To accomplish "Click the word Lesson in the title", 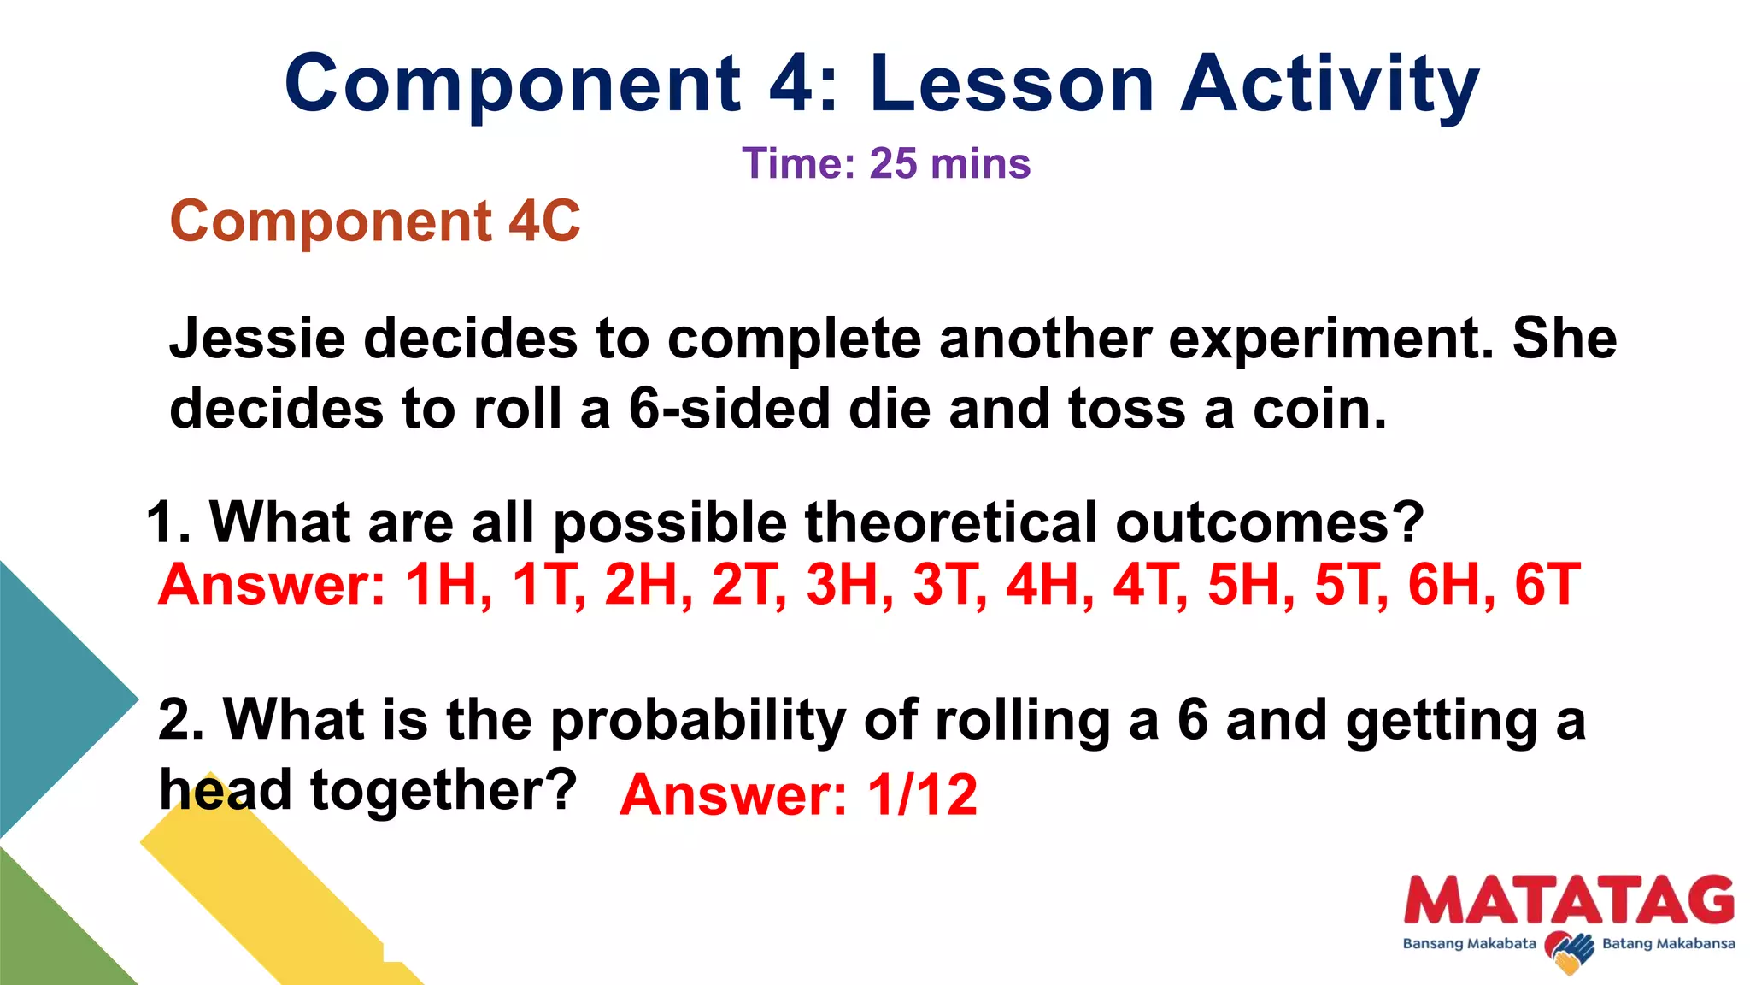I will coord(1013,84).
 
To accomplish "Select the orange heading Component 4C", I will coord(375,221).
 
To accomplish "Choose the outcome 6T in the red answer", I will coord(1547,585).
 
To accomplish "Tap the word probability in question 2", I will coord(698,720).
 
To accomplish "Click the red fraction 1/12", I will coord(922,795).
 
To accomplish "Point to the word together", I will coord(443,789).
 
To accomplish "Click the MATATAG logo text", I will coord(1569,899).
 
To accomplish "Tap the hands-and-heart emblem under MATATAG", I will coord(1570,952).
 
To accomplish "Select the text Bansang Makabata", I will coord(1469,944).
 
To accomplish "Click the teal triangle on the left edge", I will coord(51,697).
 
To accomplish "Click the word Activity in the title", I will coord(1330,84).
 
